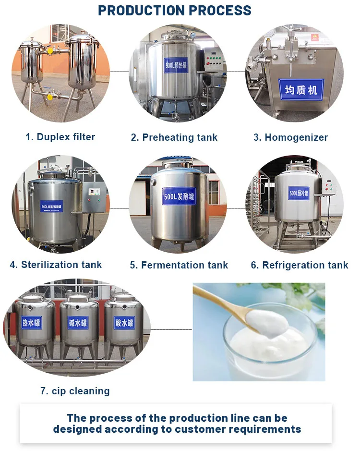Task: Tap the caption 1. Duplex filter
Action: pyautogui.click(x=60, y=137)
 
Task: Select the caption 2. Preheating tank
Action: pyautogui.click(x=174, y=137)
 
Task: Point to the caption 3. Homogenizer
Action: pyautogui.click(x=290, y=137)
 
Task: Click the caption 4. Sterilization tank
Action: pyautogui.click(x=56, y=265)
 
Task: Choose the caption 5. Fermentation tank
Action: pyautogui.click(x=179, y=265)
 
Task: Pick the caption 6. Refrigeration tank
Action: pyautogui.click(x=300, y=265)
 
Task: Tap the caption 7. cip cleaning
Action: pyautogui.click(x=75, y=391)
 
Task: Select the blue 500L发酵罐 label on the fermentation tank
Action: pyautogui.click(x=179, y=196)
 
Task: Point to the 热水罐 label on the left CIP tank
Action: pyautogui.click(x=32, y=322)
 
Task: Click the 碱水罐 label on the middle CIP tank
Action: pyautogui.click(x=78, y=322)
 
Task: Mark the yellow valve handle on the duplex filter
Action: pyautogui.click(x=49, y=49)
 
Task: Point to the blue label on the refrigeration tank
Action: pyautogui.click(x=299, y=194)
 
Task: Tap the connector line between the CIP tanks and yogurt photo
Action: pyautogui.click(x=171, y=330)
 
